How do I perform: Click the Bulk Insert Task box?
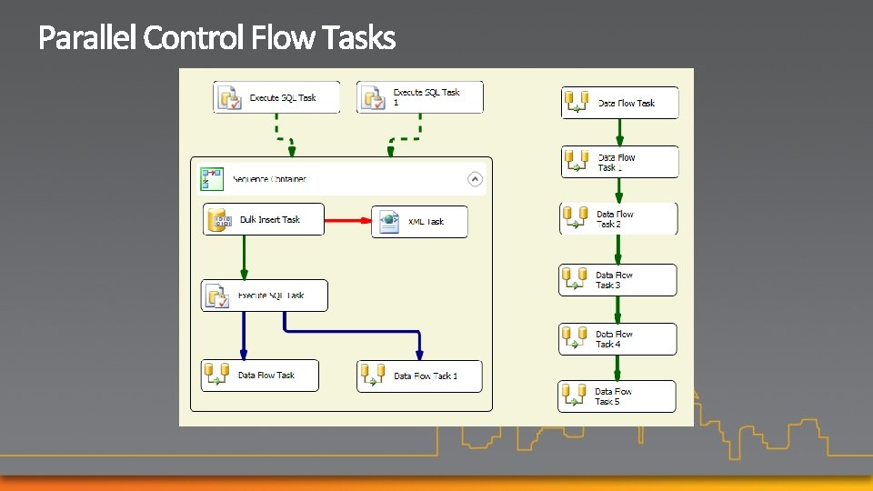[x=263, y=219]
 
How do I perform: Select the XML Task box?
[x=419, y=222]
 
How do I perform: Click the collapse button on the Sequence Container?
[x=475, y=179]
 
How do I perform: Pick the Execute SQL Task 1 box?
[x=420, y=97]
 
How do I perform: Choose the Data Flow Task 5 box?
[x=617, y=396]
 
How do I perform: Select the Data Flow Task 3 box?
[x=617, y=280]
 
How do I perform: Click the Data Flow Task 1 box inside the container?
[x=419, y=376]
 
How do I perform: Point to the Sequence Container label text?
[x=269, y=179]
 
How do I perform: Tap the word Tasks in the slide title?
[x=363, y=38]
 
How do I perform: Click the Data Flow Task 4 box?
[x=617, y=339]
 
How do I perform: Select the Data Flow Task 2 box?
[x=618, y=219]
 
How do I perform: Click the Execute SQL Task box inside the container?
[x=264, y=296]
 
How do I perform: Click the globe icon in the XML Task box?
[x=389, y=221]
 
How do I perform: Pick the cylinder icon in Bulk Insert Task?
[x=216, y=219]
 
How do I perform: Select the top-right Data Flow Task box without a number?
[x=620, y=103]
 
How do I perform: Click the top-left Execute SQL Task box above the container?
[x=276, y=97]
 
